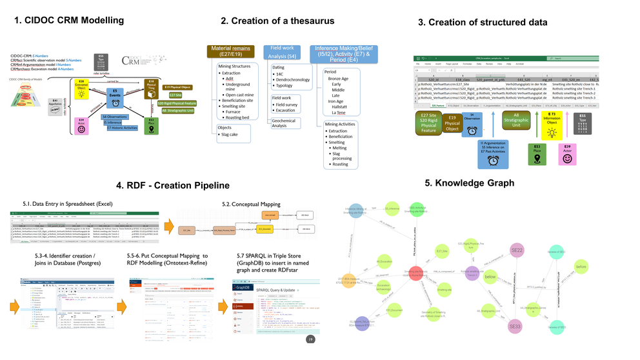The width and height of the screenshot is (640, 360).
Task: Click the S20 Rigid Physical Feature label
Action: coord(177,103)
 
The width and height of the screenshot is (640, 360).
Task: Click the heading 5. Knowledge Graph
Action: coord(470,183)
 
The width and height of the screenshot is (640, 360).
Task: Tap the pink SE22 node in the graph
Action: coord(517,250)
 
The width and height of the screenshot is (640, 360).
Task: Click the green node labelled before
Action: coord(581,266)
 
